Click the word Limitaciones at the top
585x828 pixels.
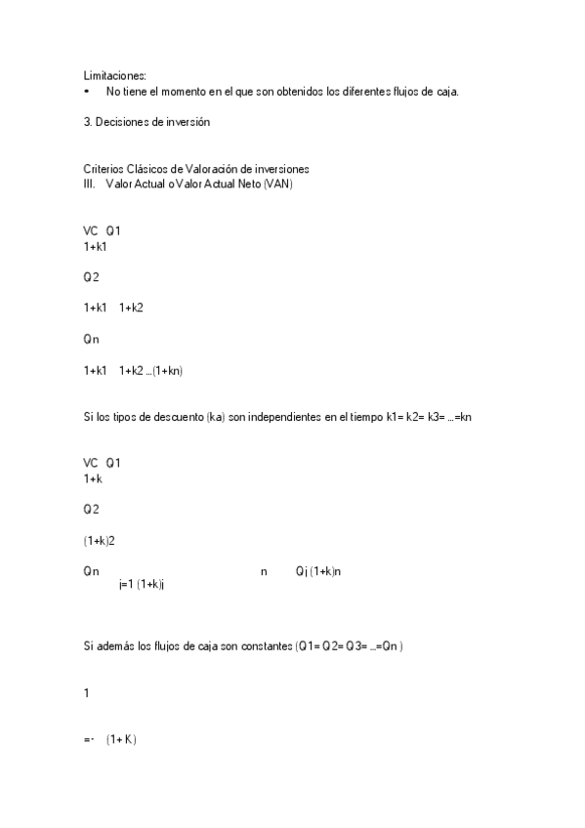[x=114, y=75]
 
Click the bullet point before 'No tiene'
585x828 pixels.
[x=87, y=91]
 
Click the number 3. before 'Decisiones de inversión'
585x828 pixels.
[x=87, y=122]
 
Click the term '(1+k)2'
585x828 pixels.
[x=102, y=540]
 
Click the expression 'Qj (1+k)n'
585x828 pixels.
[x=318, y=571]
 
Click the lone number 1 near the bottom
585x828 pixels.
[x=87, y=693]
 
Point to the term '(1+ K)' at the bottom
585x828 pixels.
[x=122, y=740]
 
